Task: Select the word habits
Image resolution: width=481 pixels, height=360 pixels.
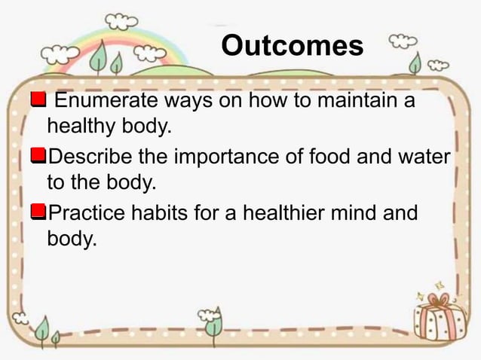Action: pyautogui.click(x=156, y=213)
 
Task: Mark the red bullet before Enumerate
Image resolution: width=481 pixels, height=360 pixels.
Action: pyautogui.click(x=38, y=100)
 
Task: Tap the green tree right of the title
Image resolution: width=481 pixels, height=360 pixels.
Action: pyautogui.click(x=415, y=64)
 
